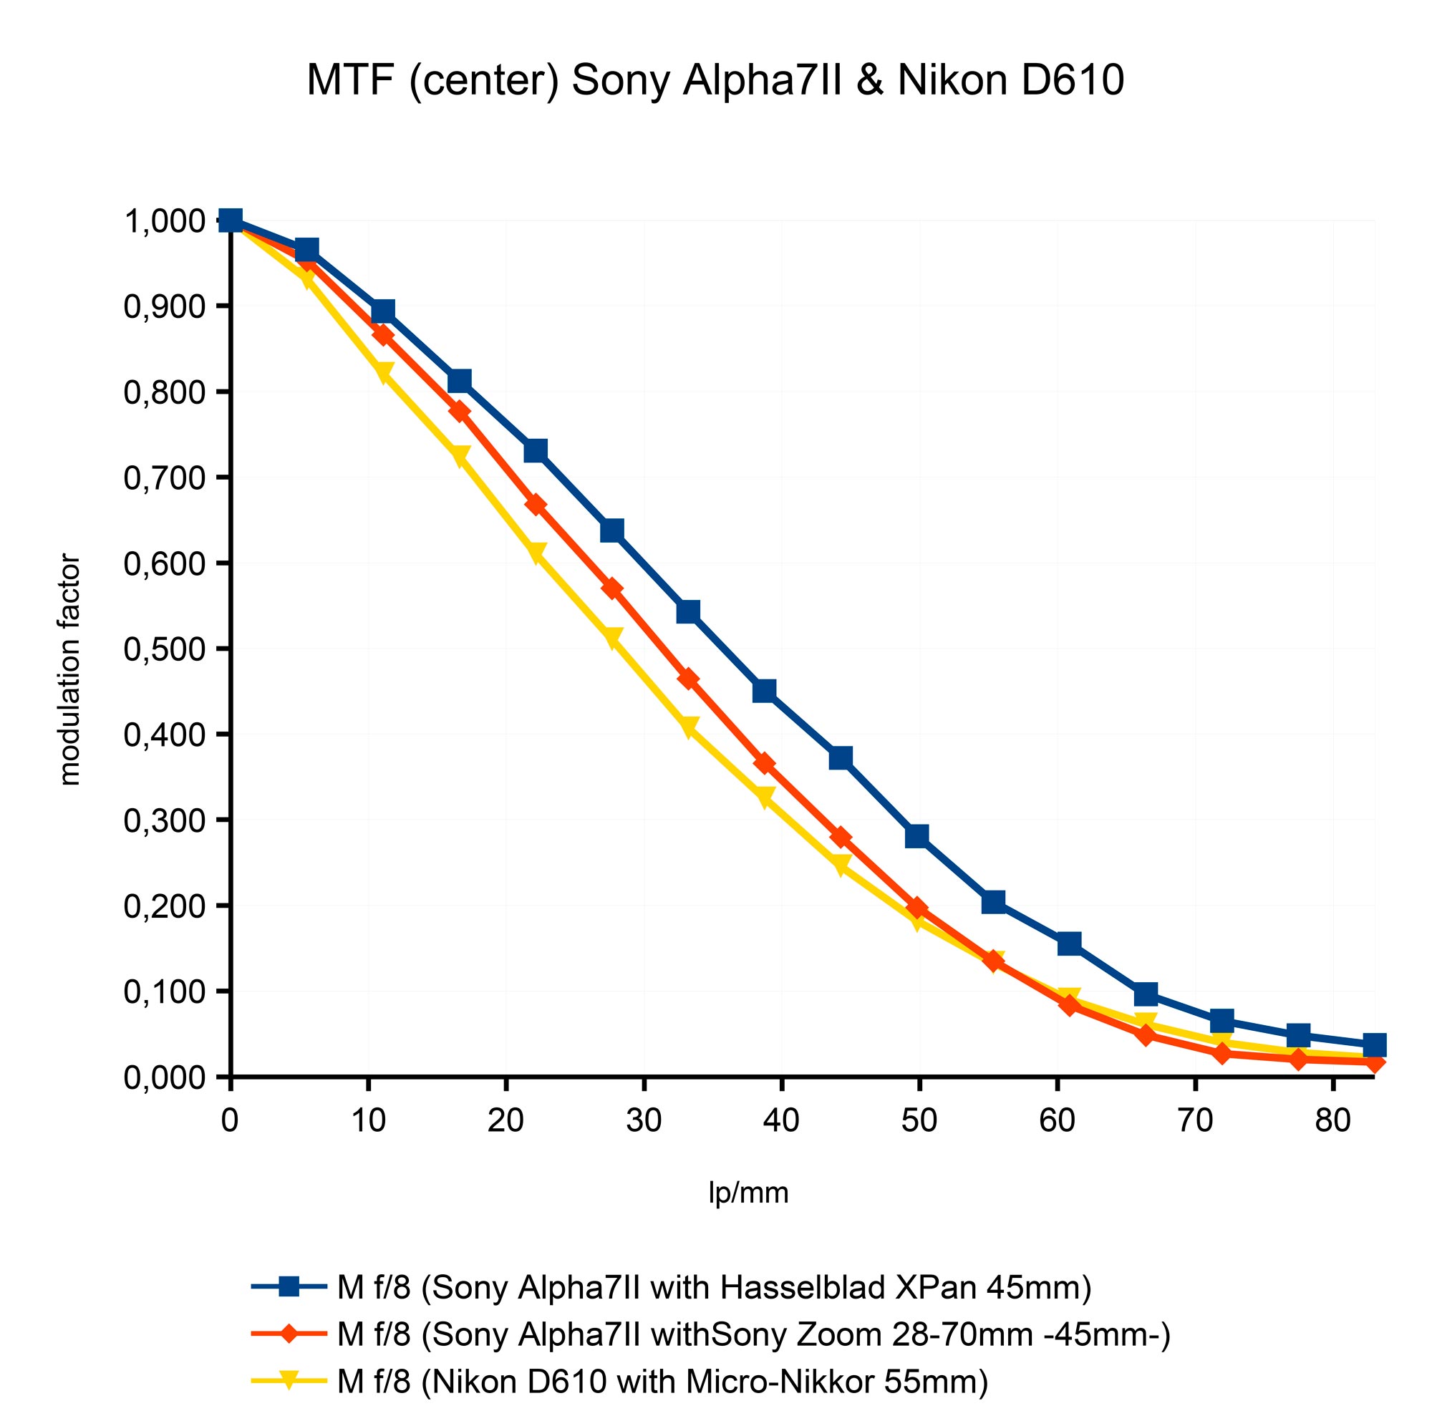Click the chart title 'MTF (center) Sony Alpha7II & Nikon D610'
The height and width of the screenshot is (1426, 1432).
tap(715, 80)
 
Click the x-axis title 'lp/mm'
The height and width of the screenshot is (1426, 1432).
tap(749, 1193)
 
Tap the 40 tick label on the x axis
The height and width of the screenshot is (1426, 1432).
tap(781, 1120)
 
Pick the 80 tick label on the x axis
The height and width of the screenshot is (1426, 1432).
tap(1332, 1120)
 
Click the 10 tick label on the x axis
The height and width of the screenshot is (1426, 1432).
tap(368, 1120)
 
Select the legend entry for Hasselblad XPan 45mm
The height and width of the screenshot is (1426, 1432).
tap(714, 1288)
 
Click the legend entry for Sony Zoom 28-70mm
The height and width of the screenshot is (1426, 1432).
tap(753, 1335)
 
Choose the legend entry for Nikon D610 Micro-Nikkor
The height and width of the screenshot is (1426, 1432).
tap(662, 1382)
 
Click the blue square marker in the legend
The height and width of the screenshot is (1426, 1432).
tap(289, 1286)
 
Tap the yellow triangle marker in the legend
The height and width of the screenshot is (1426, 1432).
tap(289, 1381)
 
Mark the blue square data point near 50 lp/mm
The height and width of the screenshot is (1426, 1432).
tap(918, 836)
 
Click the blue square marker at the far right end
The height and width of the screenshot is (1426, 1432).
tap(1374, 1045)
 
